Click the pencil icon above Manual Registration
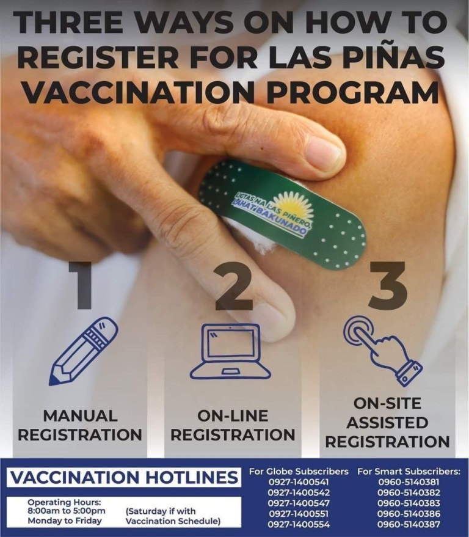coord(84,351)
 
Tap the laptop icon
coord(230,352)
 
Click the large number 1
coord(81,285)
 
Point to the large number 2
coord(234,285)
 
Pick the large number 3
coord(388,285)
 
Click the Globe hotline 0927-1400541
coord(299,482)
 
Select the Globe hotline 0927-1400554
coord(299,524)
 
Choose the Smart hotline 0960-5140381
coord(409,482)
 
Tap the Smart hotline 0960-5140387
coord(409,524)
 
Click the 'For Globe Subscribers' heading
coord(299,472)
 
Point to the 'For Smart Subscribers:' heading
coord(409,472)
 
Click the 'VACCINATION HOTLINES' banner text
coord(123,477)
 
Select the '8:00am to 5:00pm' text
coord(67,511)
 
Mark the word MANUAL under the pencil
coord(80,416)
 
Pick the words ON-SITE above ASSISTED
coord(387,403)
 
